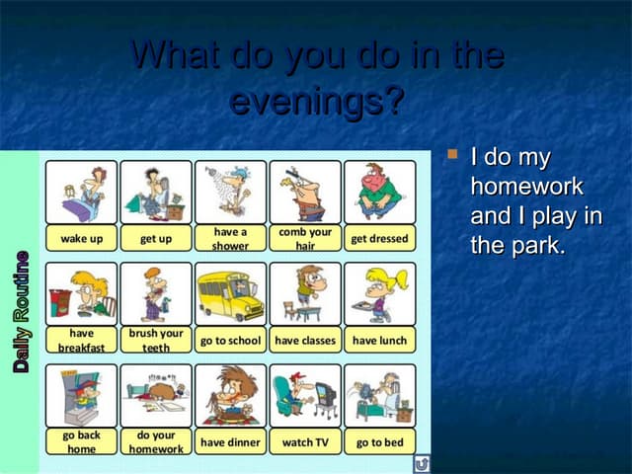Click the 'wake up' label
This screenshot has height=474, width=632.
tap(81, 239)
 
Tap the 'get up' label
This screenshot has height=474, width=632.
tap(155, 239)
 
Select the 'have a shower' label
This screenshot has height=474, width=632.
tap(230, 239)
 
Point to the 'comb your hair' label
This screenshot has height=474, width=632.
tap(305, 239)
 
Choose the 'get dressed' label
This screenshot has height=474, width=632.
tap(379, 239)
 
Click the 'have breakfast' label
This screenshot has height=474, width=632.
tap(81, 341)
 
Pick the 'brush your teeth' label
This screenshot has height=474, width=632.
tap(155, 341)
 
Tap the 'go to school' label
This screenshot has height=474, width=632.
tap(230, 341)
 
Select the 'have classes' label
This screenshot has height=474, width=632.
tap(305, 341)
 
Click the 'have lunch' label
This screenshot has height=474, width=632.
tap(379, 341)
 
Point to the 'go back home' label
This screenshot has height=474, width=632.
tap(81, 441)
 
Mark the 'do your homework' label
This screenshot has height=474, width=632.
tap(155, 441)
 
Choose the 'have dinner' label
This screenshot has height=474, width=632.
tap(230, 441)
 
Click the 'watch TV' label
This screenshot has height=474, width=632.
tap(305, 441)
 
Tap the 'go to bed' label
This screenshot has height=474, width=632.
tap(379, 441)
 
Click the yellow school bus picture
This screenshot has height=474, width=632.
tap(230, 292)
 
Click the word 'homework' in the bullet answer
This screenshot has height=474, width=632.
tap(526, 187)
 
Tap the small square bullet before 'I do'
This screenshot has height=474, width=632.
tap(453, 154)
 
